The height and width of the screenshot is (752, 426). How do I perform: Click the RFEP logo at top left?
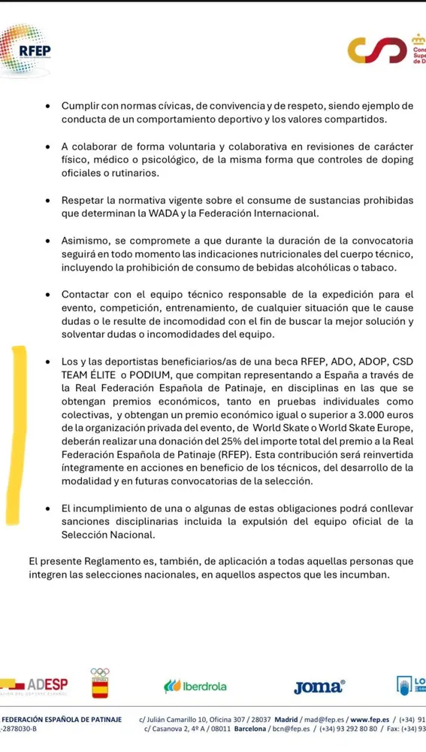point(26,51)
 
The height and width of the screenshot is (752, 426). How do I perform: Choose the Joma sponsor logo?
point(320,687)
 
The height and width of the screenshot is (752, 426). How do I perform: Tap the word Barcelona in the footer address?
point(255,730)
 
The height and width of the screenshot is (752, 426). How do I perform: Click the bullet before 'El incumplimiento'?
point(49,508)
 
